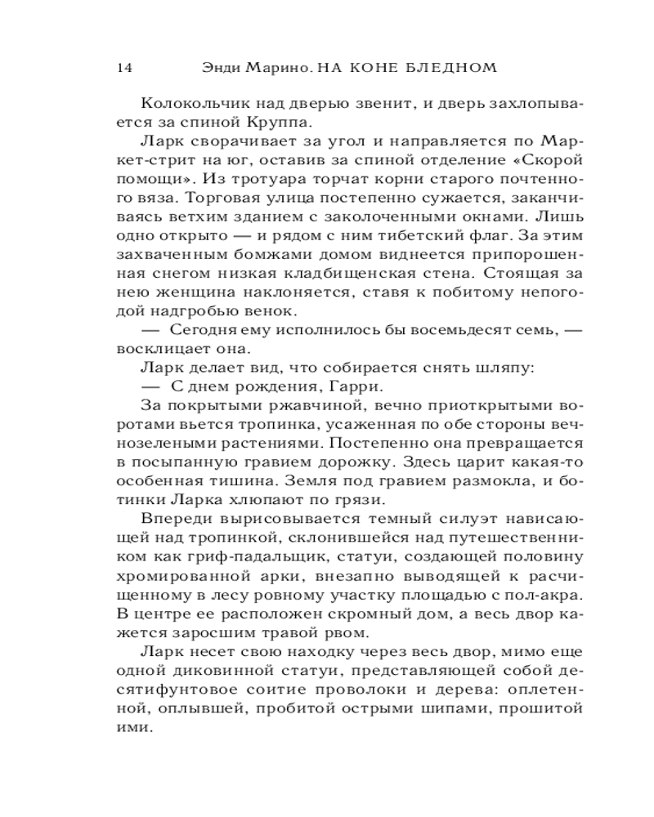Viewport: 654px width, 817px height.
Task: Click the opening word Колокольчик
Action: (186, 104)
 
